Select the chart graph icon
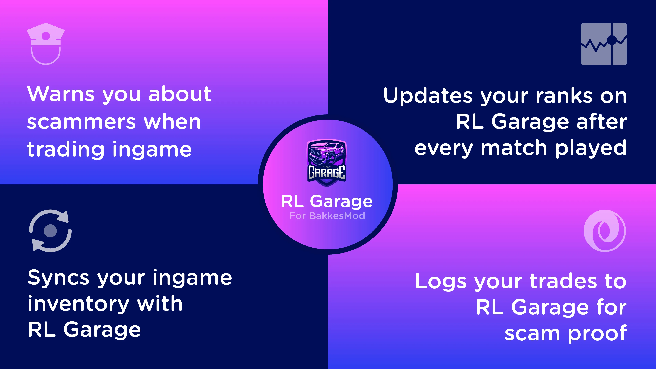click(x=604, y=44)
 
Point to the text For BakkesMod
click(x=327, y=216)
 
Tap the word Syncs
click(x=58, y=278)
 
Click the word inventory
click(x=78, y=304)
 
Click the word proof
click(x=597, y=334)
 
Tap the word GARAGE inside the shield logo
click(x=327, y=172)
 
